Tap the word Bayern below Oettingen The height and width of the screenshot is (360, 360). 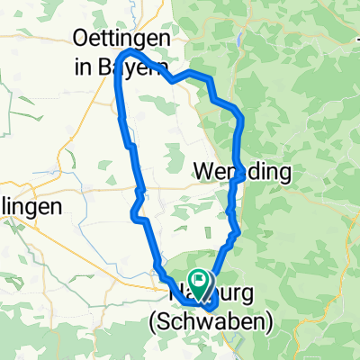145,67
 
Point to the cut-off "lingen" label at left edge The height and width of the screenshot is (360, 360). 31,206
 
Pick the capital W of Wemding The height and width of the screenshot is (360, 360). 203,170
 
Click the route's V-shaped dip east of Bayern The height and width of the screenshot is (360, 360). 171,81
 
